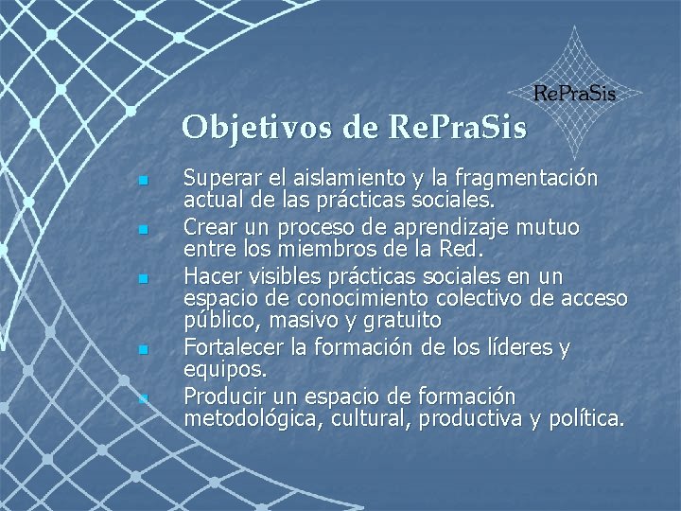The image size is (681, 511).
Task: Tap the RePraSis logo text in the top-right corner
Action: (x=575, y=93)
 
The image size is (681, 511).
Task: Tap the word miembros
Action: (x=331, y=250)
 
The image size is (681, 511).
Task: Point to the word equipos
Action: (x=218, y=370)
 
